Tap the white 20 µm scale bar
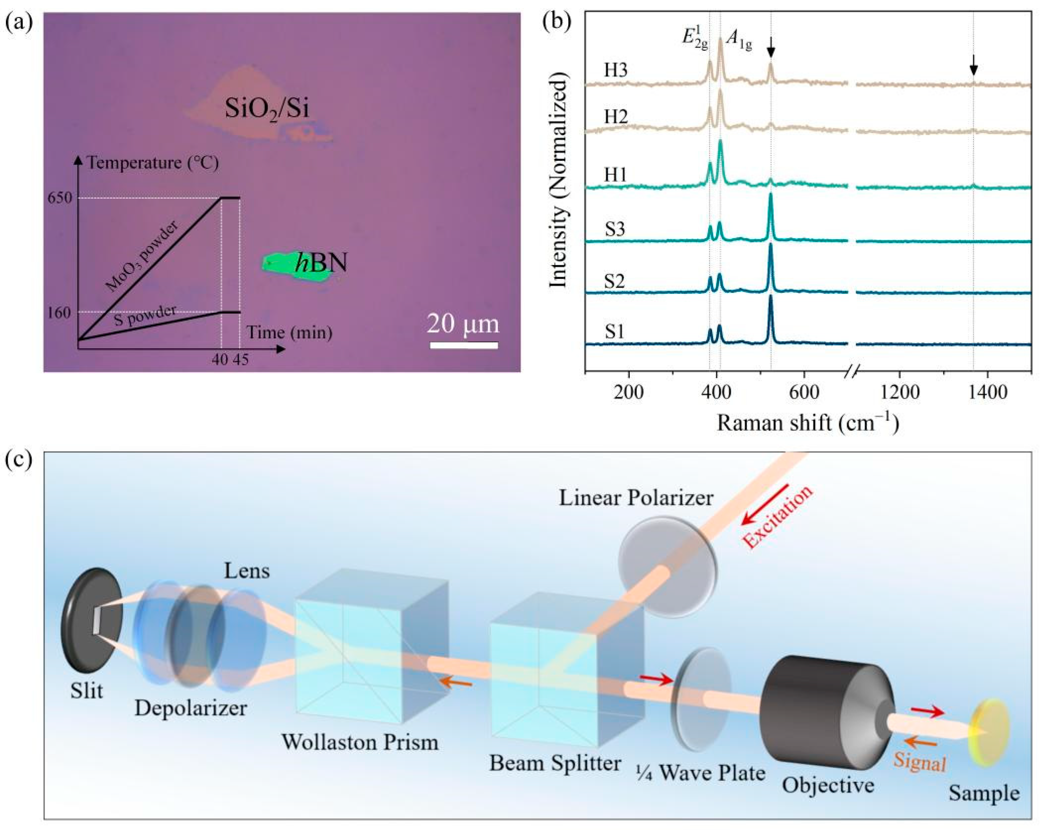[463, 345]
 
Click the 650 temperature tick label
[59, 198]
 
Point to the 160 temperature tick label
[59, 313]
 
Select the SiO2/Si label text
[266, 109]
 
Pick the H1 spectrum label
[615, 175]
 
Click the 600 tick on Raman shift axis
[804, 392]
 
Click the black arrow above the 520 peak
[771, 47]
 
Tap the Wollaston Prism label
[360, 742]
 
